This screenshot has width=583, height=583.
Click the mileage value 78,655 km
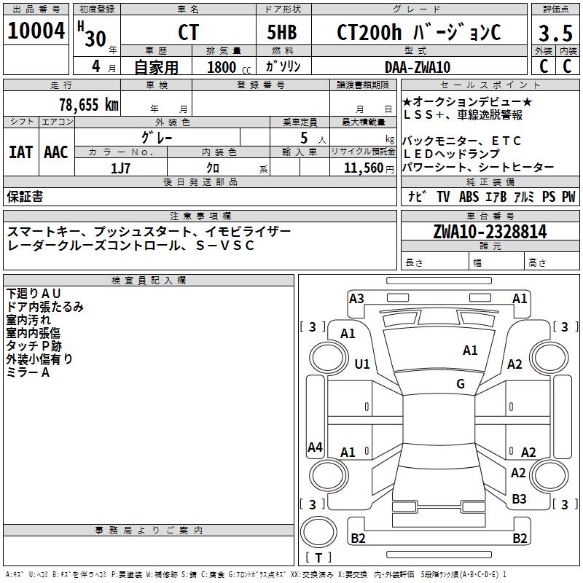[88, 104]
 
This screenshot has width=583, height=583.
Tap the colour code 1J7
[121, 167]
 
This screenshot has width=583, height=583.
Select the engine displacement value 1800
[222, 68]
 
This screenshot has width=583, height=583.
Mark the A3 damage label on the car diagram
[356, 298]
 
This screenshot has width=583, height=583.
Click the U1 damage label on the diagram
[362, 364]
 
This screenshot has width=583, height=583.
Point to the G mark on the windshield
[461, 383]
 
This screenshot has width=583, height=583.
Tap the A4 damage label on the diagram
[315, 447]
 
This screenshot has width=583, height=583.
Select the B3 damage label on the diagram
[519, 499]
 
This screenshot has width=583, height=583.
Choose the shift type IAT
[21, 152]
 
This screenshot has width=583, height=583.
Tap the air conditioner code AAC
[56, 152]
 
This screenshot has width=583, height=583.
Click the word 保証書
[26, 197]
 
